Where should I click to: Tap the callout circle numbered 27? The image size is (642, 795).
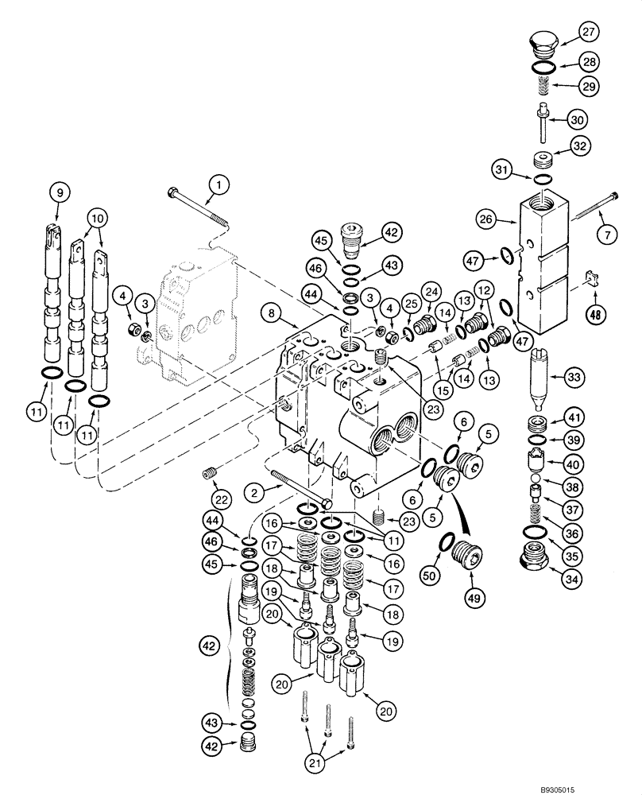pos(588,33)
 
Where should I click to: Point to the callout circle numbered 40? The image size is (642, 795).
pos(574,463)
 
